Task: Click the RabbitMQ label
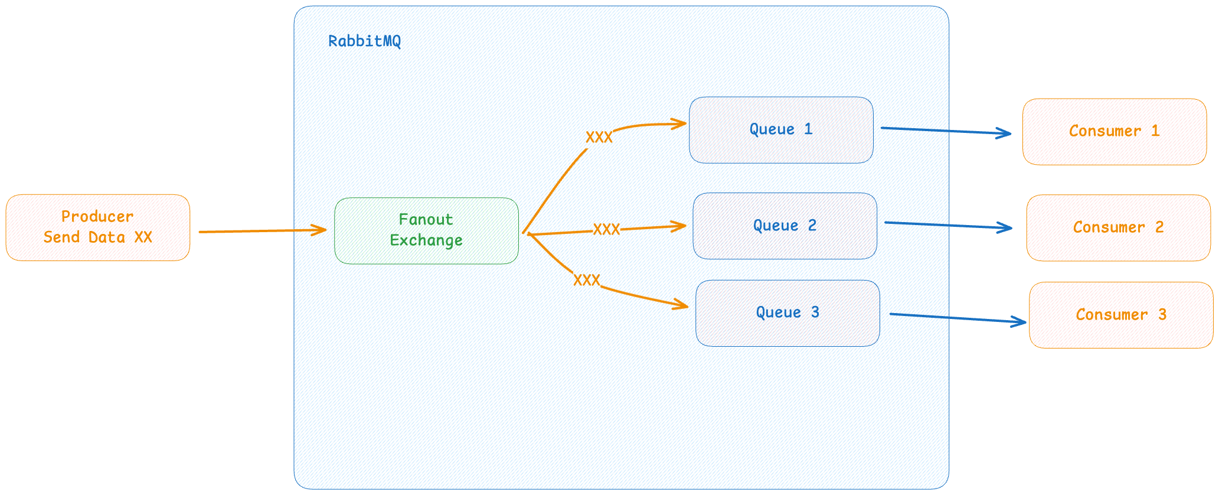[364, 41]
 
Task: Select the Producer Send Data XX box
[98, 227]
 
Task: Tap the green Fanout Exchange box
[426, 230]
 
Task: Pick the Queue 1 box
[781, 130]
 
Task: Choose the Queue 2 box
[785, 226]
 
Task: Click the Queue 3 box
[787, 313]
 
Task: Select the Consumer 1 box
[1115, 132]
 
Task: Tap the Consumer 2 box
[1119, 227]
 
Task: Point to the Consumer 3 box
[1121, 315]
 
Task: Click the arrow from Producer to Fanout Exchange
[263, 231]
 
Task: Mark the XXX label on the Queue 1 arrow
[599, 138]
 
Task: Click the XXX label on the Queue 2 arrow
[606, 229]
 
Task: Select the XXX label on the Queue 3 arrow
[587, 280]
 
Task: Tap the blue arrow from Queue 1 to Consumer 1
[946, 131]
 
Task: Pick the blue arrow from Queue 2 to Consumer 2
[949, 225]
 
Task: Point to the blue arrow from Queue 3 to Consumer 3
[958, 318]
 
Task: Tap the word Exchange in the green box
[426, 241]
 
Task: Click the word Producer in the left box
[97, 217]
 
